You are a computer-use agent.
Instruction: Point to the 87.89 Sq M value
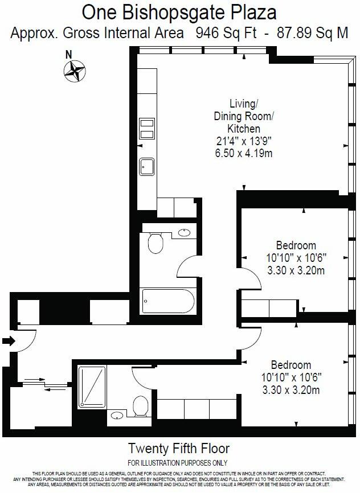pos(312,32)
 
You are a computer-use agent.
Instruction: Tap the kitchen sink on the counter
pos(147,166)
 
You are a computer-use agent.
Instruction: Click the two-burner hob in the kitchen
pos(147,128)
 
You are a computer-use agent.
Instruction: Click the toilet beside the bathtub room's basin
pos(155,244)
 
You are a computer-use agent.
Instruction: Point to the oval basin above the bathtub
pos(185,232)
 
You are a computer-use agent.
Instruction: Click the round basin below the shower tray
pos(117,414)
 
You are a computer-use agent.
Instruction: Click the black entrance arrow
pos(7,342)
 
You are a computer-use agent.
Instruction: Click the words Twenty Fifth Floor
pos(179,447)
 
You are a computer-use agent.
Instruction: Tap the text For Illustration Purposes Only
pos(178,462)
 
